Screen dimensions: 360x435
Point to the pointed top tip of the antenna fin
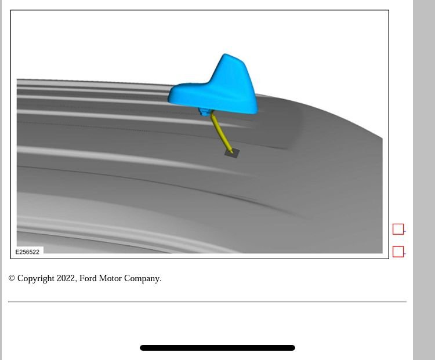pyautogui.click(x=227, y=56)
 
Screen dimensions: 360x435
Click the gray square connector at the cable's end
pyautogui.click(x=232, y=152)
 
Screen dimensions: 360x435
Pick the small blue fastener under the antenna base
pyautogui.click(x=204, y=111)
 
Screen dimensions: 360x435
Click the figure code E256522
pyautogui.click(x=27, y=252)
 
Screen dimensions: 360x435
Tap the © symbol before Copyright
pyautogui.click(x=12, y=278)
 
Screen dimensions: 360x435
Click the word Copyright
pyautogui.click(x=35, y=278)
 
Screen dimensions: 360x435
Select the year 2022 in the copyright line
pyautogui.click(x=66, y=278)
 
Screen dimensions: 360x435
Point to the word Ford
pyautogui.click(x=88, y=278)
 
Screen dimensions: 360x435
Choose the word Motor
pyautogui.click(x=110, y=278)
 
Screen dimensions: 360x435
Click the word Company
pyautogui.click(x=143, y=278)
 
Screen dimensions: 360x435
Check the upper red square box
pyautogui.click(x=398, y=229)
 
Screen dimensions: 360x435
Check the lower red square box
pyautogui.click(x=398, y=252)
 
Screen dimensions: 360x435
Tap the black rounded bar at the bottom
pyautogui.click(x=217, y=348)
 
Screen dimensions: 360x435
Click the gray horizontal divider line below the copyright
pyautogui.click(x=207, y=301)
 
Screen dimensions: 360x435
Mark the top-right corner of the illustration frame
pyautogui.click(x=389, y=10)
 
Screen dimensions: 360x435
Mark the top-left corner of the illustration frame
pyautogui.click(x=10, y=10)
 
